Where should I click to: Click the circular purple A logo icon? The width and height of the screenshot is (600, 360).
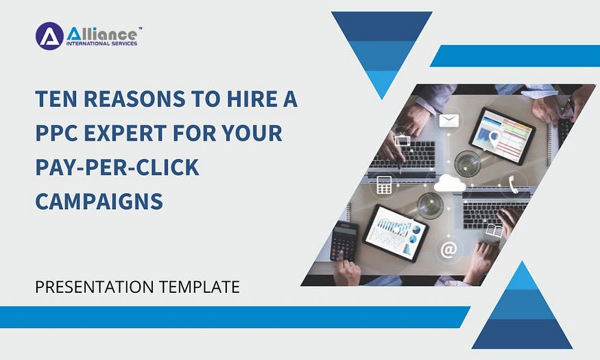[49, 36]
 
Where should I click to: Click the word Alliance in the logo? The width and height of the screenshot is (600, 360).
[103, 32]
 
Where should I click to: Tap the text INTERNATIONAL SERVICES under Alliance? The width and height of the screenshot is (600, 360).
[101, 44]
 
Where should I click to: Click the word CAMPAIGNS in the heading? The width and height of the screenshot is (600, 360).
[99, 201]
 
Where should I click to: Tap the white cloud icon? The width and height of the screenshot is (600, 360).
[450, 183]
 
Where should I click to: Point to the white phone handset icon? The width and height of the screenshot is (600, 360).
[513, 182]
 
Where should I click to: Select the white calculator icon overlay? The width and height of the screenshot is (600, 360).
[384, 184]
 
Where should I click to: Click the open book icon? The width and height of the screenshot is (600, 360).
[493, 231]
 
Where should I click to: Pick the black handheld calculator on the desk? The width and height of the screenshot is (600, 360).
[344, 240]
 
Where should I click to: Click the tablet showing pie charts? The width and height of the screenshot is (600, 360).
[395, 233]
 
